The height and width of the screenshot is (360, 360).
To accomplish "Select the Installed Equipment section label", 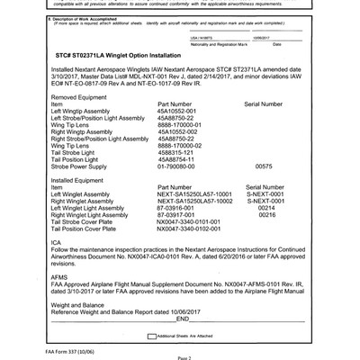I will point(80,180).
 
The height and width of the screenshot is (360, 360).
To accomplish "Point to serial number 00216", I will point(266,216).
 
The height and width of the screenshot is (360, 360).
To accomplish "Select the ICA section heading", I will point(58,242).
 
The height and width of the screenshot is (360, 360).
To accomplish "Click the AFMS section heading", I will point(63,275).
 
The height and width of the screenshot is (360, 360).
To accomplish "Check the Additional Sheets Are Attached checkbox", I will point(148,334).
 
